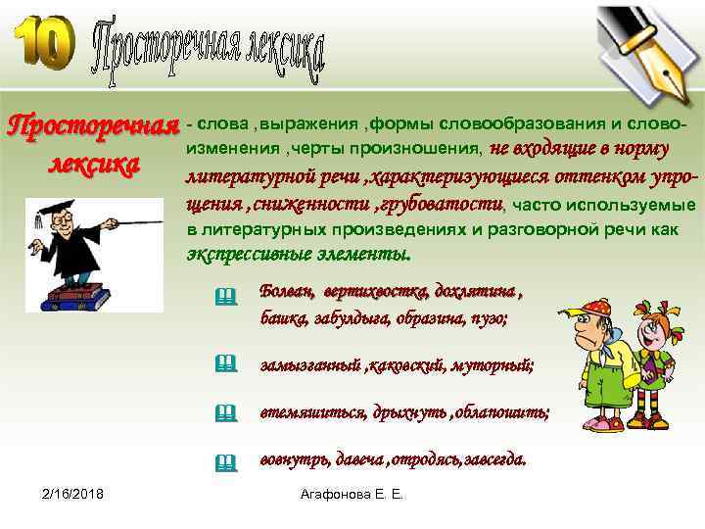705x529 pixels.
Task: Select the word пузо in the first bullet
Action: (x=489, y=318)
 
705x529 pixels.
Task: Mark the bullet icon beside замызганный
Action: (x=226, y=363)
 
